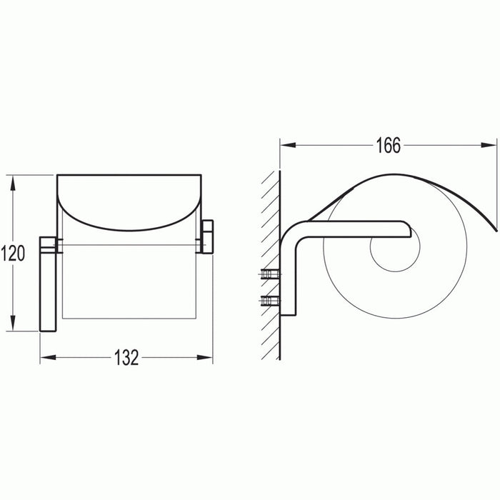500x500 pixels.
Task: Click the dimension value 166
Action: (x=388, y=145)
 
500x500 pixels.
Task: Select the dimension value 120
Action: (x=13, y=253)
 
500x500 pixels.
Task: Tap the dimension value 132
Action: (x=126, y=358)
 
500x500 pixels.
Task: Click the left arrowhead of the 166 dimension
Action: (x=285, y=145)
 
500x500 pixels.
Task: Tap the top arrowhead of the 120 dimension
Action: (x=13, y=181)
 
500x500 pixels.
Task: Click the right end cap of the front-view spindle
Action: (x=208, y=237)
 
